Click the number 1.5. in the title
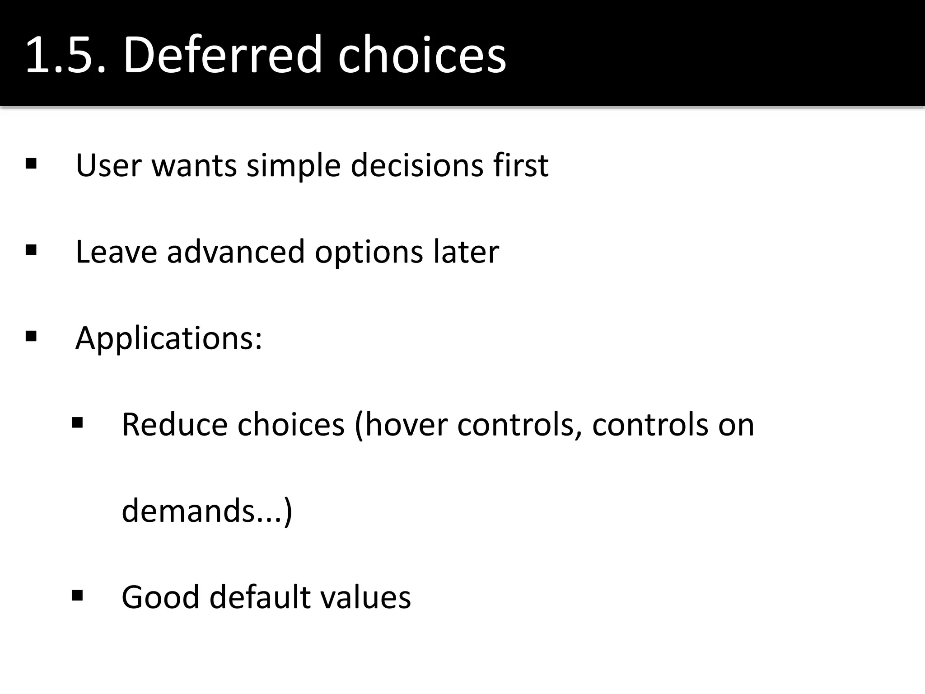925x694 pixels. coord(66,55)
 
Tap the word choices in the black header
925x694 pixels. coord(422,55)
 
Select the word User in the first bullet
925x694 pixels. coord(108,165)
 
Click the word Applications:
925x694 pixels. coord(168,338)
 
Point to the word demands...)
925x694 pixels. coord(207,511)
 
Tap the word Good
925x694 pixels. coord(160,597)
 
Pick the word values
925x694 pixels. coord(365,597)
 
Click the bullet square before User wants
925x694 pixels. coord(31,163)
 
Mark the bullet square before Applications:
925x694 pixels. coord(31,336)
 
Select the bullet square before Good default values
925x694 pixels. coord(77,596)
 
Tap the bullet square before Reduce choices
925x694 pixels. coord(77,423)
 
